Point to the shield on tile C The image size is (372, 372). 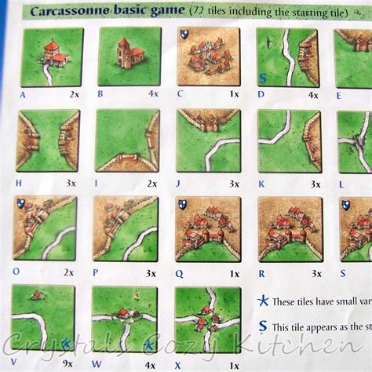(184, 35)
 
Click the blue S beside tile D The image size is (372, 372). (261, 78)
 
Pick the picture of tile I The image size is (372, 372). (126, 140)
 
